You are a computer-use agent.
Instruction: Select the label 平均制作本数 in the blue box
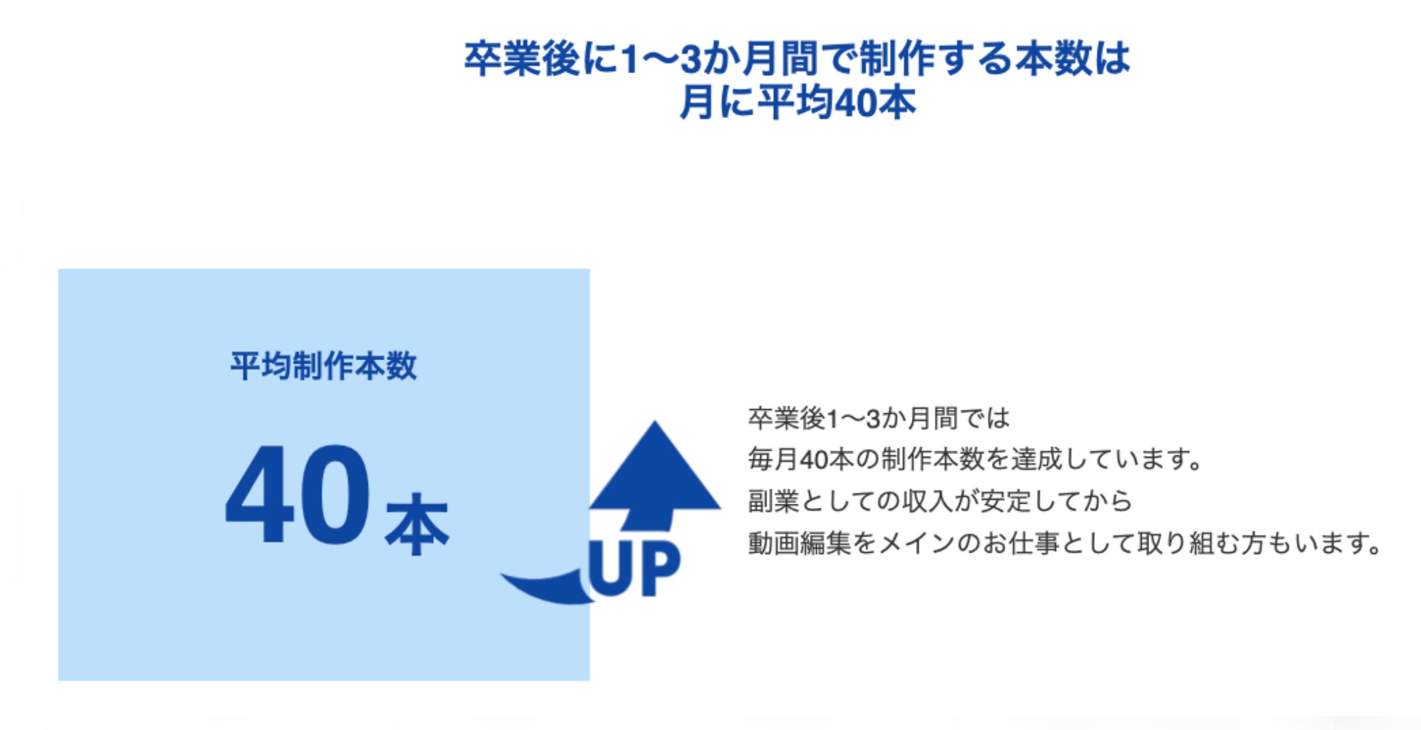click(x=324, y=366)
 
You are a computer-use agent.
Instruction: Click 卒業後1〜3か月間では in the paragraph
click(x=879, y=418)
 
